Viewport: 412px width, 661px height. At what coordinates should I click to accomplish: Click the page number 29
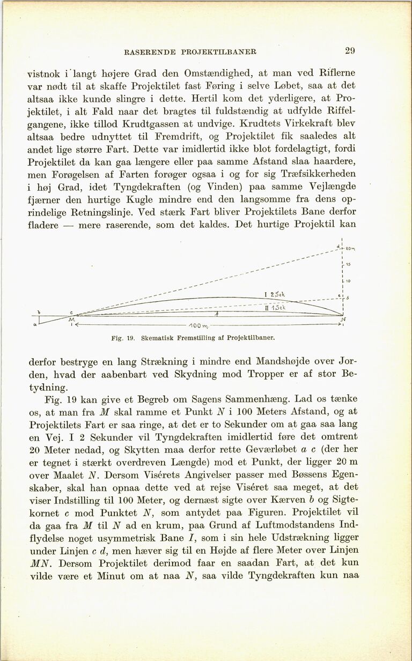click(x=350, y=51)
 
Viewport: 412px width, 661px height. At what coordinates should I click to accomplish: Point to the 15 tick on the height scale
click(x=348, y=264)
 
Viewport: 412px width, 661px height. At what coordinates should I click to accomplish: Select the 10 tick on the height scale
click(x=348, y=280)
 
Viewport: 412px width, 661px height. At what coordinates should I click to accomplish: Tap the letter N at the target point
click(x=343, y=320)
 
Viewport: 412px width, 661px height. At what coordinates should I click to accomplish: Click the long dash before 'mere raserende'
click(x=69, y=225)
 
